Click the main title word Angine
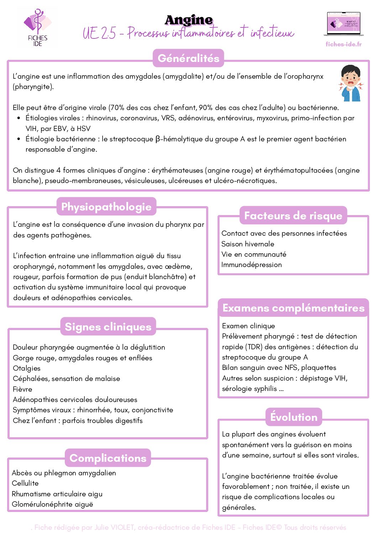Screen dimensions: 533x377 189,20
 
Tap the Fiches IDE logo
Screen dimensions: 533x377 37,28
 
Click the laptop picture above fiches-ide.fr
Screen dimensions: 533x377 344,24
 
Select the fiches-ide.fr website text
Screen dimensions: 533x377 344,44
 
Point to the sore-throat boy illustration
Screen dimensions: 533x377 351,83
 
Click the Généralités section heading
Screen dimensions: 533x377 188,58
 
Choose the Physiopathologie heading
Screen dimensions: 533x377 106,207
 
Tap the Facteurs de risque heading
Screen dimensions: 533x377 293,215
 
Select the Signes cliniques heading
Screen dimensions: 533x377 108,326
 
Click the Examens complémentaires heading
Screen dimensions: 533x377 293,308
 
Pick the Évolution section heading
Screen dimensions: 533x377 294,417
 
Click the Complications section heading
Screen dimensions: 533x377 108,458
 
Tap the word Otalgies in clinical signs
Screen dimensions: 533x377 27,368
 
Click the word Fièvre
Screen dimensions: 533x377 22,389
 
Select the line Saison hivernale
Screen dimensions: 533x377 248,244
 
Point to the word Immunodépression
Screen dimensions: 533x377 251,265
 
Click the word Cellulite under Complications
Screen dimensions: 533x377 25,483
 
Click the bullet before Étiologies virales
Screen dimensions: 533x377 19,118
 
